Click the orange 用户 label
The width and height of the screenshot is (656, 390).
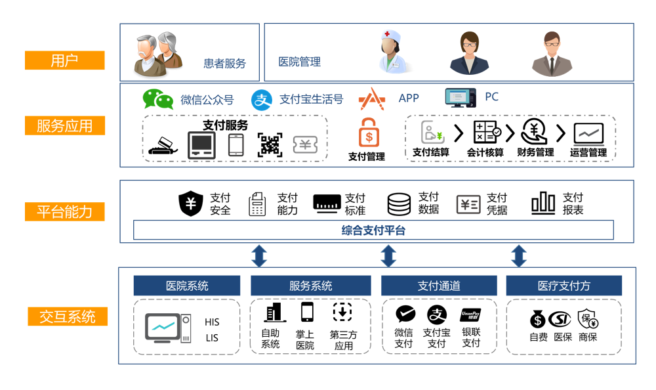pos(64,60)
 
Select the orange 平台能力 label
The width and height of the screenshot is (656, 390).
pos(64,211)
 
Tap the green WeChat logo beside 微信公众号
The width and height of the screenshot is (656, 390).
pos(158,99)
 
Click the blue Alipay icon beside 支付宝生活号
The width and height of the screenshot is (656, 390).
pos(262,100)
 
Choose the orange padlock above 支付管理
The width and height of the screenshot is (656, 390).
pos(368,133)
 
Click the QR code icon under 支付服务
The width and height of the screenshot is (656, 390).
pos(270,144)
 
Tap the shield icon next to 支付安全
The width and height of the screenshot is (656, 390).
pos(191,204)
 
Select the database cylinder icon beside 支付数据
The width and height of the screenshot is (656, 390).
pos(399,204)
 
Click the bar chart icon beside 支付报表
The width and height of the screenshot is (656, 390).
pos(543,204)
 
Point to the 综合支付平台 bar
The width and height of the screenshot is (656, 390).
pos(373,230)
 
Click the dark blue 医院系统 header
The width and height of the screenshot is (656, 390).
pos(187,286)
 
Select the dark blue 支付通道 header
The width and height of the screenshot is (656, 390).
pos(439,286)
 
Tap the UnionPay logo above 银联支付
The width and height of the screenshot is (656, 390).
pos(470,314)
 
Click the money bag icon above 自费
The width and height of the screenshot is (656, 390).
pos(537,320)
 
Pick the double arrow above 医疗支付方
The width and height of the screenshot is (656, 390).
pos(519,255)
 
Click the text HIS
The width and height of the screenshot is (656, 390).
pos(212,322)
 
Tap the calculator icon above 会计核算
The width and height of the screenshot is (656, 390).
pos(485,133)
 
